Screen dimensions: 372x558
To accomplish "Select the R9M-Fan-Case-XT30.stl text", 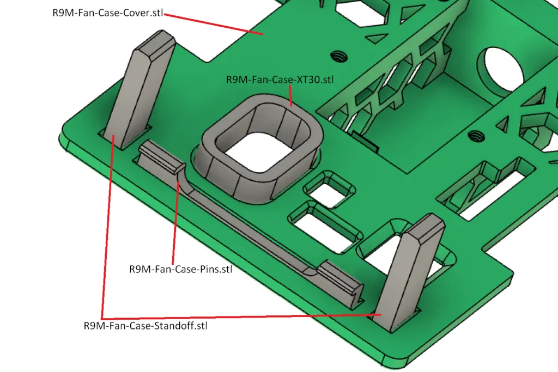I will [280, 80].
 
